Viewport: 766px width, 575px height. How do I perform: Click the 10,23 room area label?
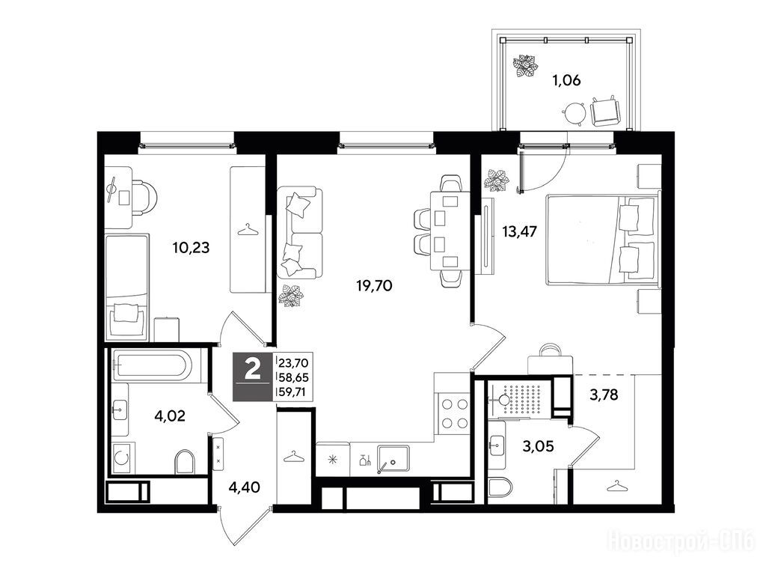(191, 247)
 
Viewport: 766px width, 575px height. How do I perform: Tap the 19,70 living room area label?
(375, 285)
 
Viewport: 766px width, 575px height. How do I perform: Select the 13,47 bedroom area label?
(520, 231)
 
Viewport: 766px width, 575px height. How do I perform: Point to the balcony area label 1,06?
(566, 79)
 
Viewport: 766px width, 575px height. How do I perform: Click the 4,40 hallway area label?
(245, 487)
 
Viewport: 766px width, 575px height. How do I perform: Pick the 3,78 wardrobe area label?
(604, 394)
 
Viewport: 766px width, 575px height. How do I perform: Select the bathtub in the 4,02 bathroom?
(152, 365)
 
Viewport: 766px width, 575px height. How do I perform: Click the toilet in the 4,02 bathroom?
(185, 461)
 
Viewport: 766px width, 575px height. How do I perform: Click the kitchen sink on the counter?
(393, 458)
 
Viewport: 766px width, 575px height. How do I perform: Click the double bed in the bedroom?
(601, 239)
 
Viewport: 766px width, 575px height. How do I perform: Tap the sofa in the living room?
(300, 233)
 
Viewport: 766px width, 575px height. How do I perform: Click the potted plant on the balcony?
(525, 66)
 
